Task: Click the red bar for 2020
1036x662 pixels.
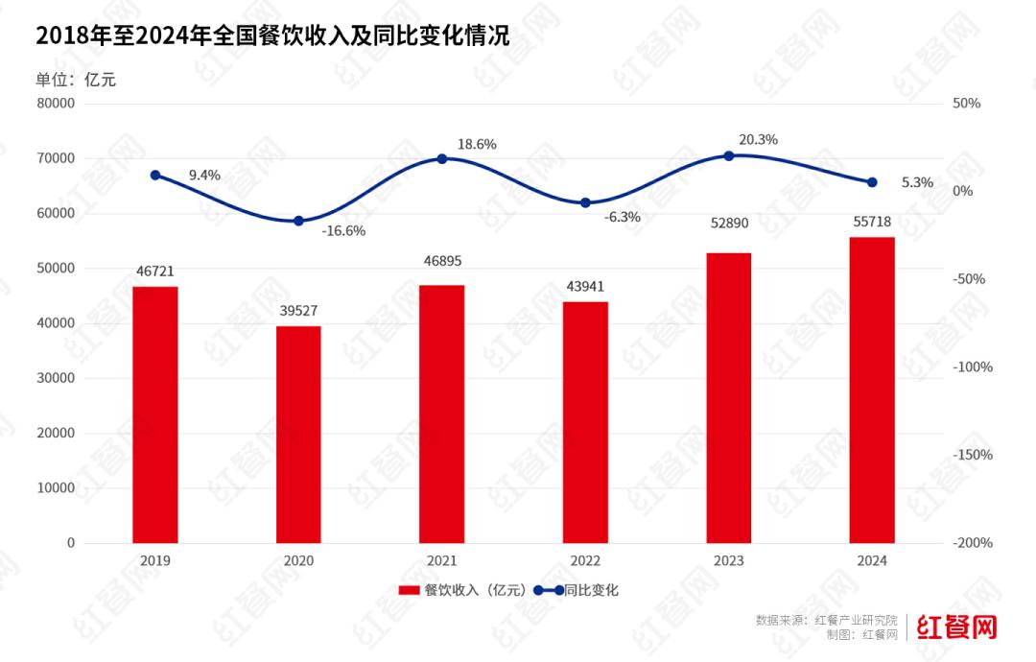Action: (x=298, y=435)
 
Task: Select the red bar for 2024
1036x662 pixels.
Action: (x=872, y=390)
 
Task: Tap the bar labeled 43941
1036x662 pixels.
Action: (x=585, y=422)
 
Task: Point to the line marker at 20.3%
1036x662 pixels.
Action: (x=729, y=155)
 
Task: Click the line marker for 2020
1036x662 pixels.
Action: (x=298, y=221)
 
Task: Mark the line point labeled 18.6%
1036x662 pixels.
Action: (x=442, y=158)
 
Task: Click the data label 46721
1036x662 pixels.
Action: (x=155, y=272)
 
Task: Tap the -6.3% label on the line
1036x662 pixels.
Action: (x=623, y=217)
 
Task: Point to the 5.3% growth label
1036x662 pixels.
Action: (x=918, y=182)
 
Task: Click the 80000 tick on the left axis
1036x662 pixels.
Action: (x=56, y=104)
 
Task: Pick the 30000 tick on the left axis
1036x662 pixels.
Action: (x=56, y=378)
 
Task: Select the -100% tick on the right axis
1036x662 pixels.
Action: (x=973, y=366)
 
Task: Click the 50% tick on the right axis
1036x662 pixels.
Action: (x=966, y=104)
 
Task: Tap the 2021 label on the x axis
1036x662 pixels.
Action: (x=442, y=561)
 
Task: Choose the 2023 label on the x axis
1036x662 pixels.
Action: (x=729, y=561)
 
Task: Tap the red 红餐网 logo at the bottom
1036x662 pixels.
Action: (x=957, y=627)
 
